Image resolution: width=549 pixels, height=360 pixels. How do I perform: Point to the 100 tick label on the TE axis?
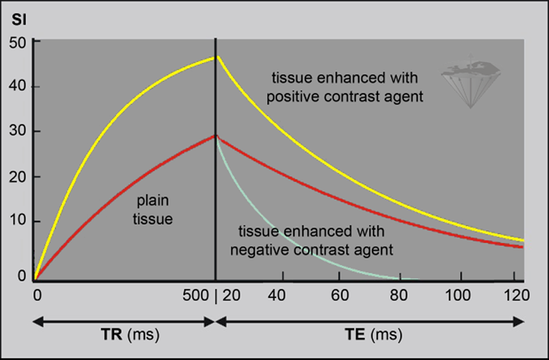460,296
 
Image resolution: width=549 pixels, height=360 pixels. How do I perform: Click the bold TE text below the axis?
357,336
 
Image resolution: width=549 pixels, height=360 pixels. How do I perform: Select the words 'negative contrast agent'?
311,249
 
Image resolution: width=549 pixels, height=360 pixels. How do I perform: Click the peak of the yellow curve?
215,57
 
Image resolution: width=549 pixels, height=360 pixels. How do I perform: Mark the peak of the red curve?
215,136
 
